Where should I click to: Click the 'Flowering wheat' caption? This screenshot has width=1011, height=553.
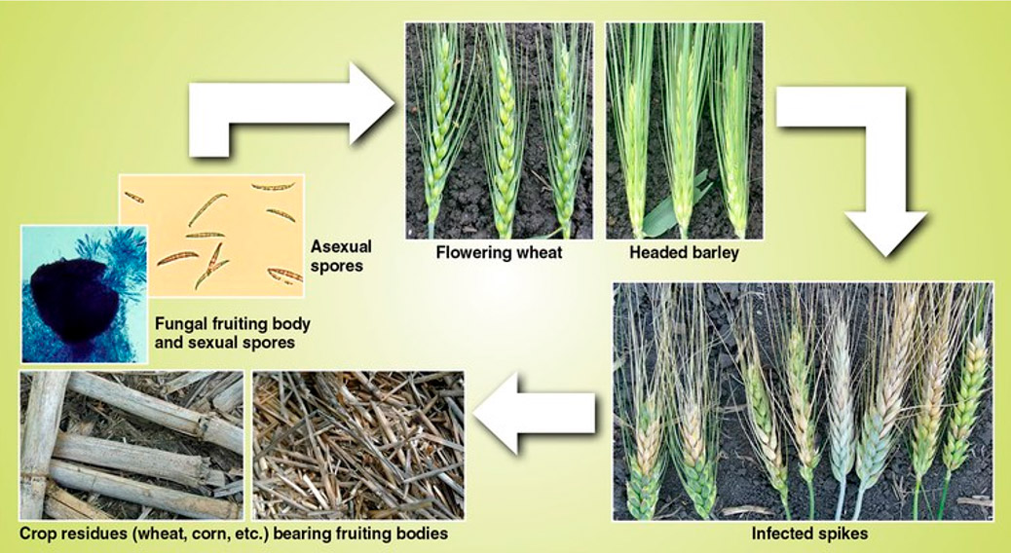tap(499, 252)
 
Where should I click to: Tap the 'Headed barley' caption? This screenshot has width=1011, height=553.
tap(684, 252)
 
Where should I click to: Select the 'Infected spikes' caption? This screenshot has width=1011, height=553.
tap(809, 533)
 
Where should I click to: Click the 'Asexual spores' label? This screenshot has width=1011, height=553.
tap(341, 256)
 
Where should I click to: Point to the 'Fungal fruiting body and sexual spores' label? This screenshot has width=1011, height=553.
tap(232, 333)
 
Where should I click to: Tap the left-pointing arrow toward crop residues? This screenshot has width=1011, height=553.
tap(534, 413)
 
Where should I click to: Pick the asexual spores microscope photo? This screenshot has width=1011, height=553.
tap(211, 236)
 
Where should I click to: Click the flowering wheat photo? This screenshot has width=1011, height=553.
tap(500, 130)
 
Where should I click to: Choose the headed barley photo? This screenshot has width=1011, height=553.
tap(684, 130)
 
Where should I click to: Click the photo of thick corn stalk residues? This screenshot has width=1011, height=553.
tap(131, 445)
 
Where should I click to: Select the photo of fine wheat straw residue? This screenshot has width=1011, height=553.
tap(357, 445)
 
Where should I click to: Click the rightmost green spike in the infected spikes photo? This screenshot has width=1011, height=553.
tap(965, 413)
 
